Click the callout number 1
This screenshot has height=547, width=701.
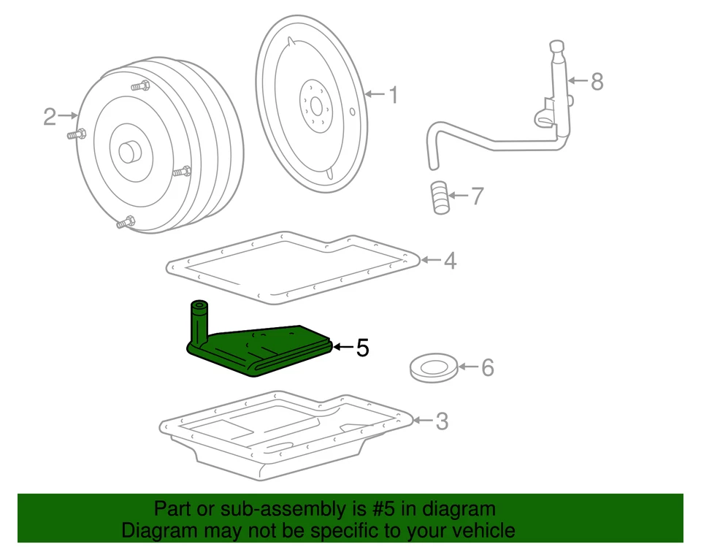tap(392, 95)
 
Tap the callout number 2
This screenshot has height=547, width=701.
tap(49, 116)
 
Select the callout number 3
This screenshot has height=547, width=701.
tap(441, 421)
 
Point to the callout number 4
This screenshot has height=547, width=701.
tap(450, 260)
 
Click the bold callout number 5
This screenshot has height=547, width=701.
tap(362, 348)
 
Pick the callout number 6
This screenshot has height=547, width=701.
tap(487, 367)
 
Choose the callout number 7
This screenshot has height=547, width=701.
tap(476, 196)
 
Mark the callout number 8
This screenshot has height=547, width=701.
tap(597, 81)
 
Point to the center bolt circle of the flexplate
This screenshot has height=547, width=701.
tap(315, 106)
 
